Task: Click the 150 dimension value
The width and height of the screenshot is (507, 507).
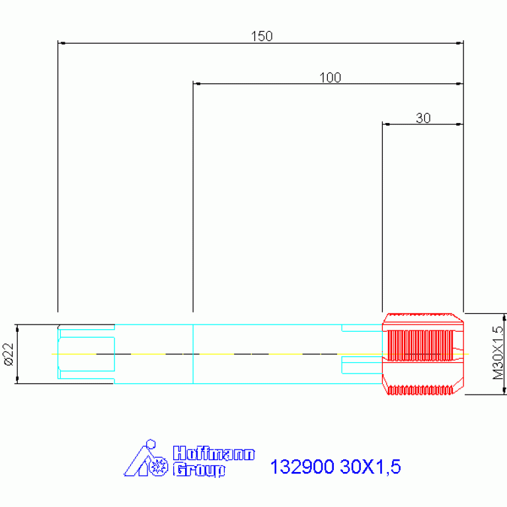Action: [262, 36]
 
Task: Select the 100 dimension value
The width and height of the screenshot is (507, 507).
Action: [330, 77]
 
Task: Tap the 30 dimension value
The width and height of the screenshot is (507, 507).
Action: [423, 118]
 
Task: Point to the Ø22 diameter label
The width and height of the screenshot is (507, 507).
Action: [9, 354]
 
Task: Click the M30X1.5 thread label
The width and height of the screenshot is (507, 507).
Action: [498, 353]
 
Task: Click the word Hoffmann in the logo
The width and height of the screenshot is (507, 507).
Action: [214, 453]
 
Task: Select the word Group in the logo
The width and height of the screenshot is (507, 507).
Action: [199, 470]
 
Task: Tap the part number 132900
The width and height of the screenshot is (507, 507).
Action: [302, 467]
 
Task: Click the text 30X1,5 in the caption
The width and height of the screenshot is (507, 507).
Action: [371, 467]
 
